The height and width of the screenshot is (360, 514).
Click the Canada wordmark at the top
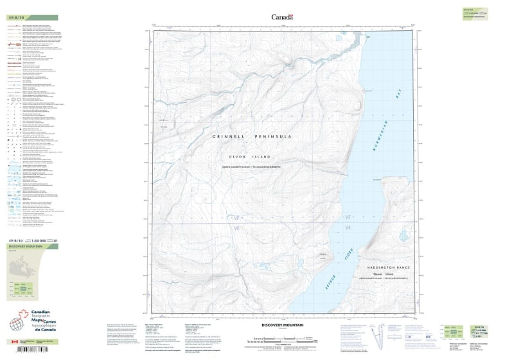click(x=282, y=17)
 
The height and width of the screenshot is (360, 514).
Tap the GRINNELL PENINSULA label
click(x=261, y=137)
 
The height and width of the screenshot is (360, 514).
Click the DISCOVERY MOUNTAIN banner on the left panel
click(x=25, y=246)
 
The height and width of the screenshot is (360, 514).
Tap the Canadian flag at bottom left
click(x=15, y=341)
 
